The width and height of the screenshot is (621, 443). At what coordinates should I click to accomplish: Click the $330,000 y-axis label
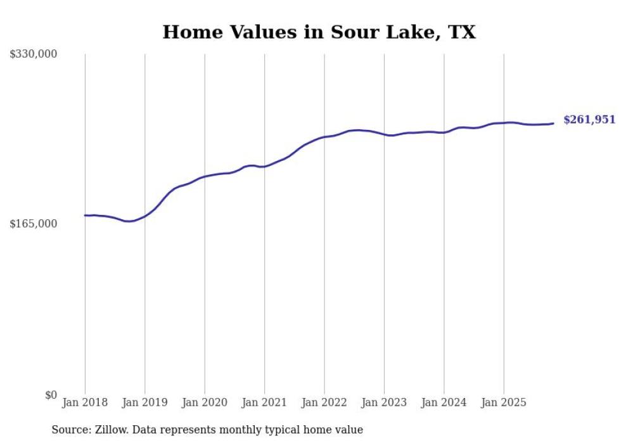click(x=33, y=55)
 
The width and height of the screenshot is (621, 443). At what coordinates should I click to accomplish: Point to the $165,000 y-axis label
click(x=33, y=224)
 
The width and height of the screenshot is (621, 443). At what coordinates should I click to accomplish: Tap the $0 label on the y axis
click(x=51, y=395)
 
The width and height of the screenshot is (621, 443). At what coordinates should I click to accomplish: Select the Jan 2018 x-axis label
click(x=85, y=402)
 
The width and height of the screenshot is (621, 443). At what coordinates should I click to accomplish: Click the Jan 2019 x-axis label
click(x=145, y=402)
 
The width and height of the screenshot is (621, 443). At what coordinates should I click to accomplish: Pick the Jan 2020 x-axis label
click(x=205, y=402)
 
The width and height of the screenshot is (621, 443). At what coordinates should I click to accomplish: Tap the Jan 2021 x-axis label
click(x=264, y=402)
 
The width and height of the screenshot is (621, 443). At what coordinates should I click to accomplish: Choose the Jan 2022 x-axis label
click(x=324, y=402)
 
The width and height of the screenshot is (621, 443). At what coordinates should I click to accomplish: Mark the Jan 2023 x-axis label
click(x=384, y=402)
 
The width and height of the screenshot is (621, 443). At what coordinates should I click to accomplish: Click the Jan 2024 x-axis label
click(x=444, y=402)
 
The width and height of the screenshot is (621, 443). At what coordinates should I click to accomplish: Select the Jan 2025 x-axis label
click(x=504, y=402)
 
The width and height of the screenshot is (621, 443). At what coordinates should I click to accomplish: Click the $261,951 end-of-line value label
click(x=589, y=120)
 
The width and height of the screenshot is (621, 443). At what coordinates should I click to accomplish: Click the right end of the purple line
click(x=553, y=123)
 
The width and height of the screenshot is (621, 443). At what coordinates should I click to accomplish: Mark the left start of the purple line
click(x=85, y=215)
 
